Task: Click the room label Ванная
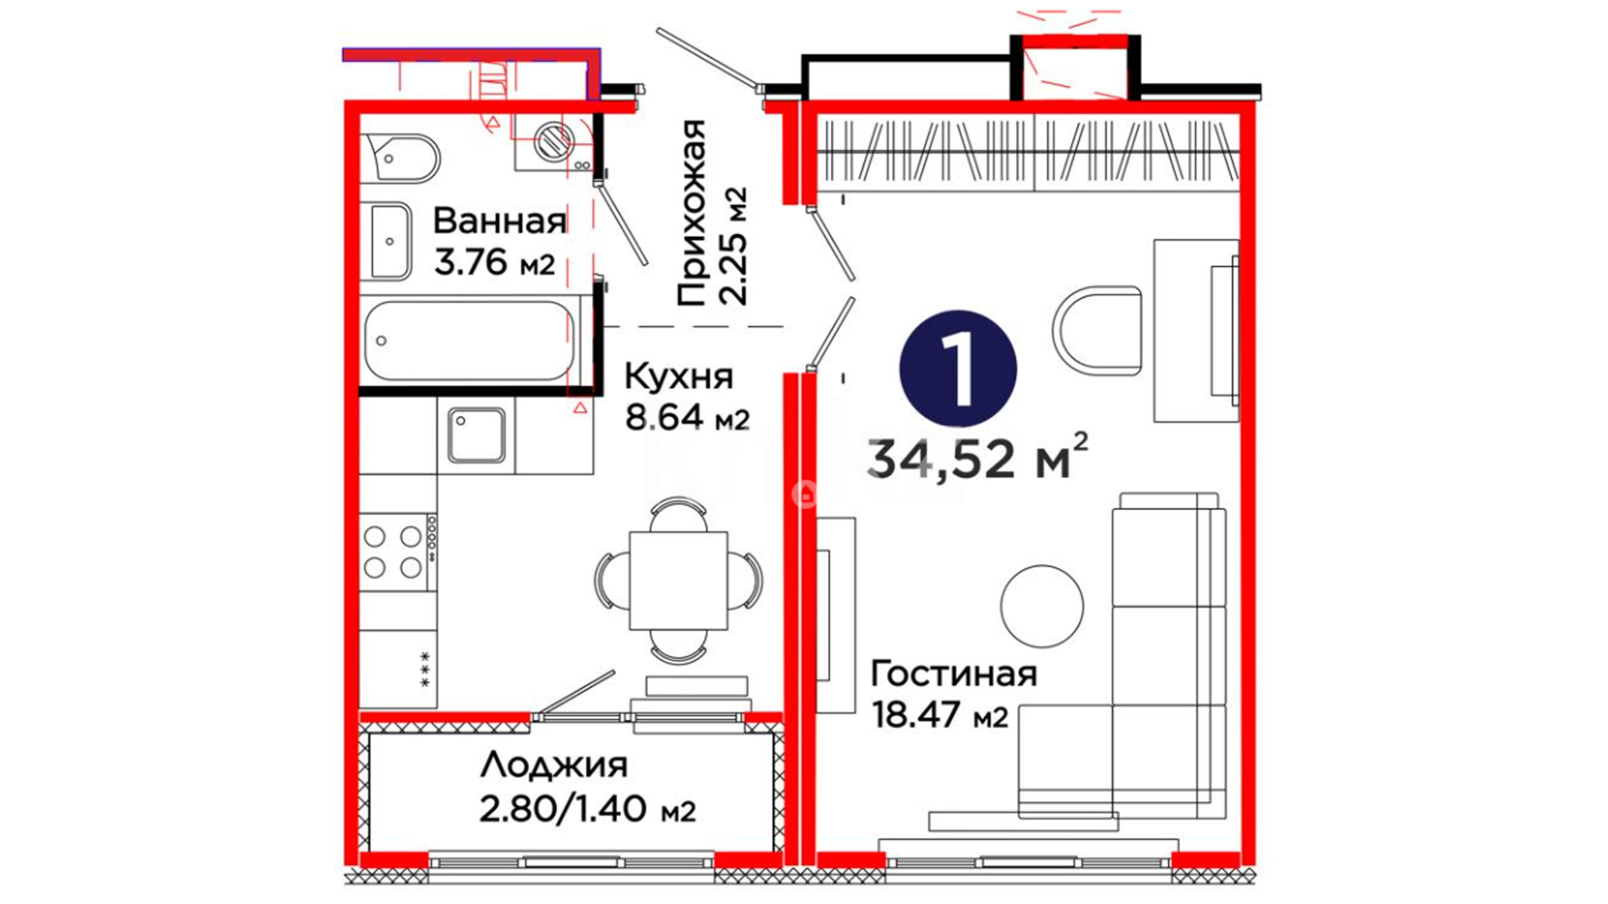tap(500, 222)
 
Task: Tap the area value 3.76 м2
tap(494, 263)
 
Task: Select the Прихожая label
tap(692, 213)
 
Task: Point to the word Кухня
tap(678, 377)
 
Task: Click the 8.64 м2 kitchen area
tap(688, 418)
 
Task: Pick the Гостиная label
tap(954, 674)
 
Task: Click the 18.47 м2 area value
tap(940, 716)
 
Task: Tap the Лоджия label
tap(554, 766)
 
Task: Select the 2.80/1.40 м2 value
tap(587, 809)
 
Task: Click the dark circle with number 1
tap(958, 369)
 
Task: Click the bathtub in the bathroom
tap(470, 341)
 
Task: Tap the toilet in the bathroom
tap(402, 157)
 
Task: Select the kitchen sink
tap(476, 435)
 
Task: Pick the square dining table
tap(678, 580)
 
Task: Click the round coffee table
tap(1042, 606)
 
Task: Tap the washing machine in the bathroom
tap(554, 141)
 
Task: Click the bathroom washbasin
tap(390, 241)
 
